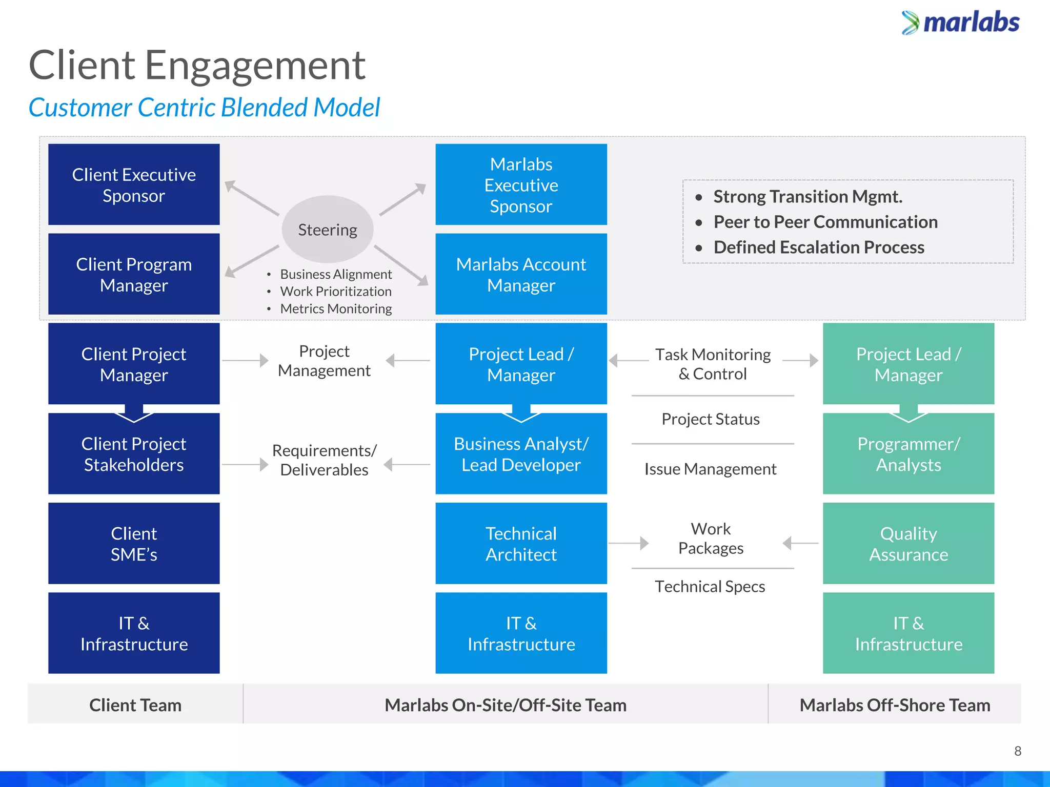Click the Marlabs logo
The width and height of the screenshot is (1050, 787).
pos(960,23)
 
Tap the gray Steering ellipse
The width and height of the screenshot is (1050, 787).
pos(328,230)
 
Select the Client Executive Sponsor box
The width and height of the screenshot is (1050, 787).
pos(134,184)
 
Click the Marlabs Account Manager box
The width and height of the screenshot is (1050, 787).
pos(521,274)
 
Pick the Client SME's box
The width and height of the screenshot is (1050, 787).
pos(134,543)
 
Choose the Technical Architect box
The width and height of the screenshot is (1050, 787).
pos(521,543)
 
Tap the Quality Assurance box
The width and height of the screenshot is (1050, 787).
pos(908,543)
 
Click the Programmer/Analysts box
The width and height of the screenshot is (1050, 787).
pos(908,454)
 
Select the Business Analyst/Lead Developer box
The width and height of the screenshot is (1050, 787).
pos(521,454)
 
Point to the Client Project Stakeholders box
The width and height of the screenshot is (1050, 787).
pos(134,454)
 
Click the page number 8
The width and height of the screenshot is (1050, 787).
pos(1018,751)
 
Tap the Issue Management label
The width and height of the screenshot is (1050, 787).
pos(710,469)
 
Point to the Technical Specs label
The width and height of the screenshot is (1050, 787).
pos(710,586)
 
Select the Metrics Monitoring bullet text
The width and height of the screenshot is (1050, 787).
pos(336,308)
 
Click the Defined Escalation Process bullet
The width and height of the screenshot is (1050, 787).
pos(819,247)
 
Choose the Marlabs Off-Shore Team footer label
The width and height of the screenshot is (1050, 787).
pos(895,705)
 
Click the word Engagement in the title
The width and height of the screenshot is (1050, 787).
pos(255,66)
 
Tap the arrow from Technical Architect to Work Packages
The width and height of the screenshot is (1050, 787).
pos(629,543)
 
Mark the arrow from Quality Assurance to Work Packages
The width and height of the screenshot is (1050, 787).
pos(800,543)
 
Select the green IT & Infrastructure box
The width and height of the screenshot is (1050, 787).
pos(908,633)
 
